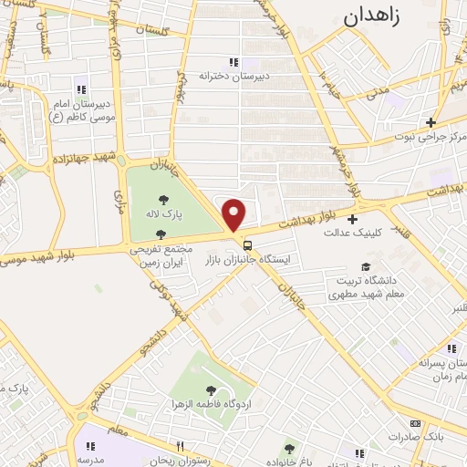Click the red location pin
[x=234, y=215]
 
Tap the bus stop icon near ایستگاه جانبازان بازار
[x=247, y=244]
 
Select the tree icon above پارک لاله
[x=164, y=200]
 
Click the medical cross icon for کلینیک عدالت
[x=352, y=218]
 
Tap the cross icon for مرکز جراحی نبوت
[x=431, y=122]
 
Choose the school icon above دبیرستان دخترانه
[x=233, y=62]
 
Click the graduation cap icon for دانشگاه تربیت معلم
[x=366, y=266]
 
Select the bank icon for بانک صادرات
[x=416, y=424]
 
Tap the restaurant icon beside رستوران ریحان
[x=181, y=445]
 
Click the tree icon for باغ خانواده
[x=289, y=448]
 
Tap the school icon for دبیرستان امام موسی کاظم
[x=80, y=89]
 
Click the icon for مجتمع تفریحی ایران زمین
[x=161, y=234]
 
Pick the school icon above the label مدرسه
[x=89, y=446]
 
